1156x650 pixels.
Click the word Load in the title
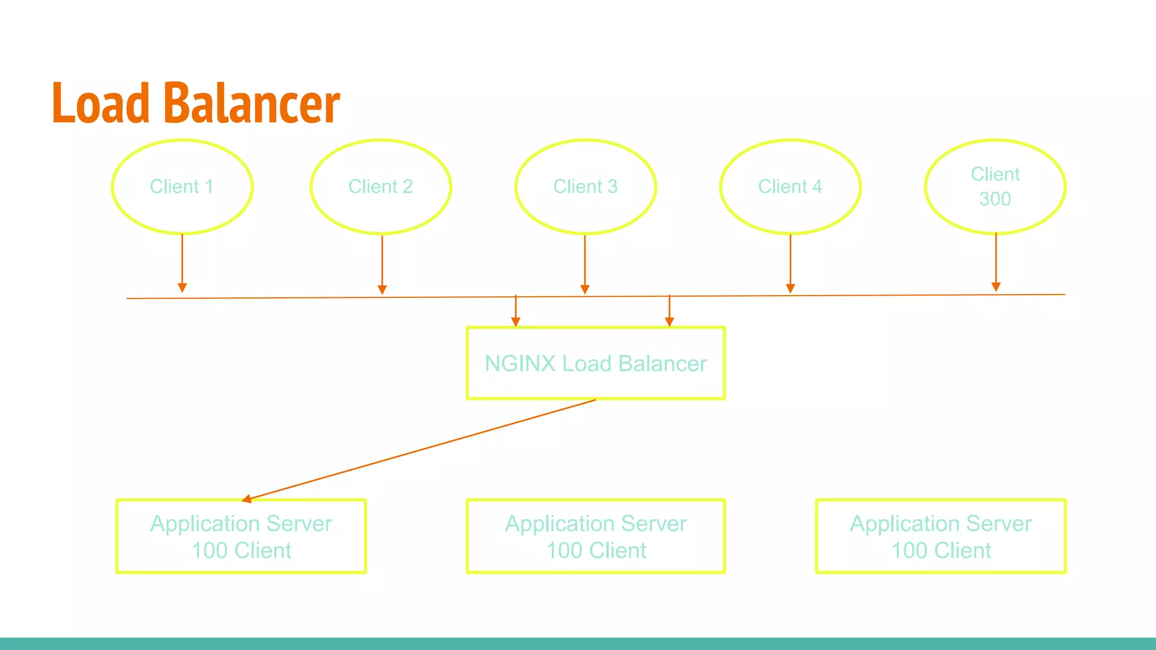click(100, 103)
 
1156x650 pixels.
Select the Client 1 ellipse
click(182, 187)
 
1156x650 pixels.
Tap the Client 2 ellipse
click(380, 187)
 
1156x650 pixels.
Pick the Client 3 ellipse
click(585, 187)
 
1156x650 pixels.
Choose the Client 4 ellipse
click(790, 187)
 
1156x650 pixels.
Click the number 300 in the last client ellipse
click(995, 199)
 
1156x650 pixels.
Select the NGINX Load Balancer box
click(595, 363)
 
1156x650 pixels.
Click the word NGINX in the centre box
click(520, 364)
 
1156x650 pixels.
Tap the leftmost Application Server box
click(241, 537)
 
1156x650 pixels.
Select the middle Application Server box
click(595, 537)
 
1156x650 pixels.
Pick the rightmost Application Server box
click(941, 537)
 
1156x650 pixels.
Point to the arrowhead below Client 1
click(182, 288)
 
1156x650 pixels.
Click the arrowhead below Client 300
click(996, 287)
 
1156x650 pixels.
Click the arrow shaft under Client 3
click(585, 260)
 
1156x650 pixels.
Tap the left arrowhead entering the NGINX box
click(515, 322)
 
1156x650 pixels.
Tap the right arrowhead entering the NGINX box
click(669, 322)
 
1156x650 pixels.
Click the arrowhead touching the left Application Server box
click(247, 499)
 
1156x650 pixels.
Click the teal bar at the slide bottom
click(578, 644)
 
